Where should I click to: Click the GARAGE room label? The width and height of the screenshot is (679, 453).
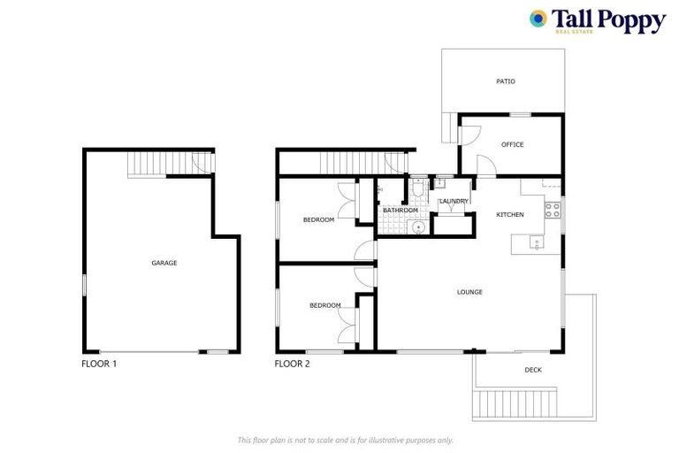pos(164,263)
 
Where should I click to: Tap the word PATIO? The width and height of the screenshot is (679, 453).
pos(505,81)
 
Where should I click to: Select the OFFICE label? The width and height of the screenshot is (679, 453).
pos(513,144)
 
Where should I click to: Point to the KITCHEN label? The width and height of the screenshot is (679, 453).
pos(510,215)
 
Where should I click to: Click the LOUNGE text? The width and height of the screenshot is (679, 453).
pos(469,291)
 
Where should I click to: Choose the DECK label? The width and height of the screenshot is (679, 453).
pos(533,370)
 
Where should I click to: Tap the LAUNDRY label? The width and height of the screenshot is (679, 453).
pos(454,202)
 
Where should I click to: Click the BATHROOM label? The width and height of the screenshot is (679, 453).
pos(401,210)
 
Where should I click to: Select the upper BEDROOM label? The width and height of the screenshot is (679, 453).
pos(318,219)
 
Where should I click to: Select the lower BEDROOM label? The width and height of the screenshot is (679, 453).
pos(324,305)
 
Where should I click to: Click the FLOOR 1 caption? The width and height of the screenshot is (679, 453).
pos(99,364)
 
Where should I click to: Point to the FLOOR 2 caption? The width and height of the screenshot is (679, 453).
pos(293,364)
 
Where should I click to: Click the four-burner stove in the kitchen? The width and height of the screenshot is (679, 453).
pos(553,211)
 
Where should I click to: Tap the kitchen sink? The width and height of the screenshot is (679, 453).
pos(536,243)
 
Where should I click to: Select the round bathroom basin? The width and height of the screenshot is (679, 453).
pos(418,226)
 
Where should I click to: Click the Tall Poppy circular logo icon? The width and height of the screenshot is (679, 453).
pos(538,19)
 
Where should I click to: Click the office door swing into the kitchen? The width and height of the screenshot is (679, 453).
pos(485,165)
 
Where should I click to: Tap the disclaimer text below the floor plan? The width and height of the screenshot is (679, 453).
pos(346,440)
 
